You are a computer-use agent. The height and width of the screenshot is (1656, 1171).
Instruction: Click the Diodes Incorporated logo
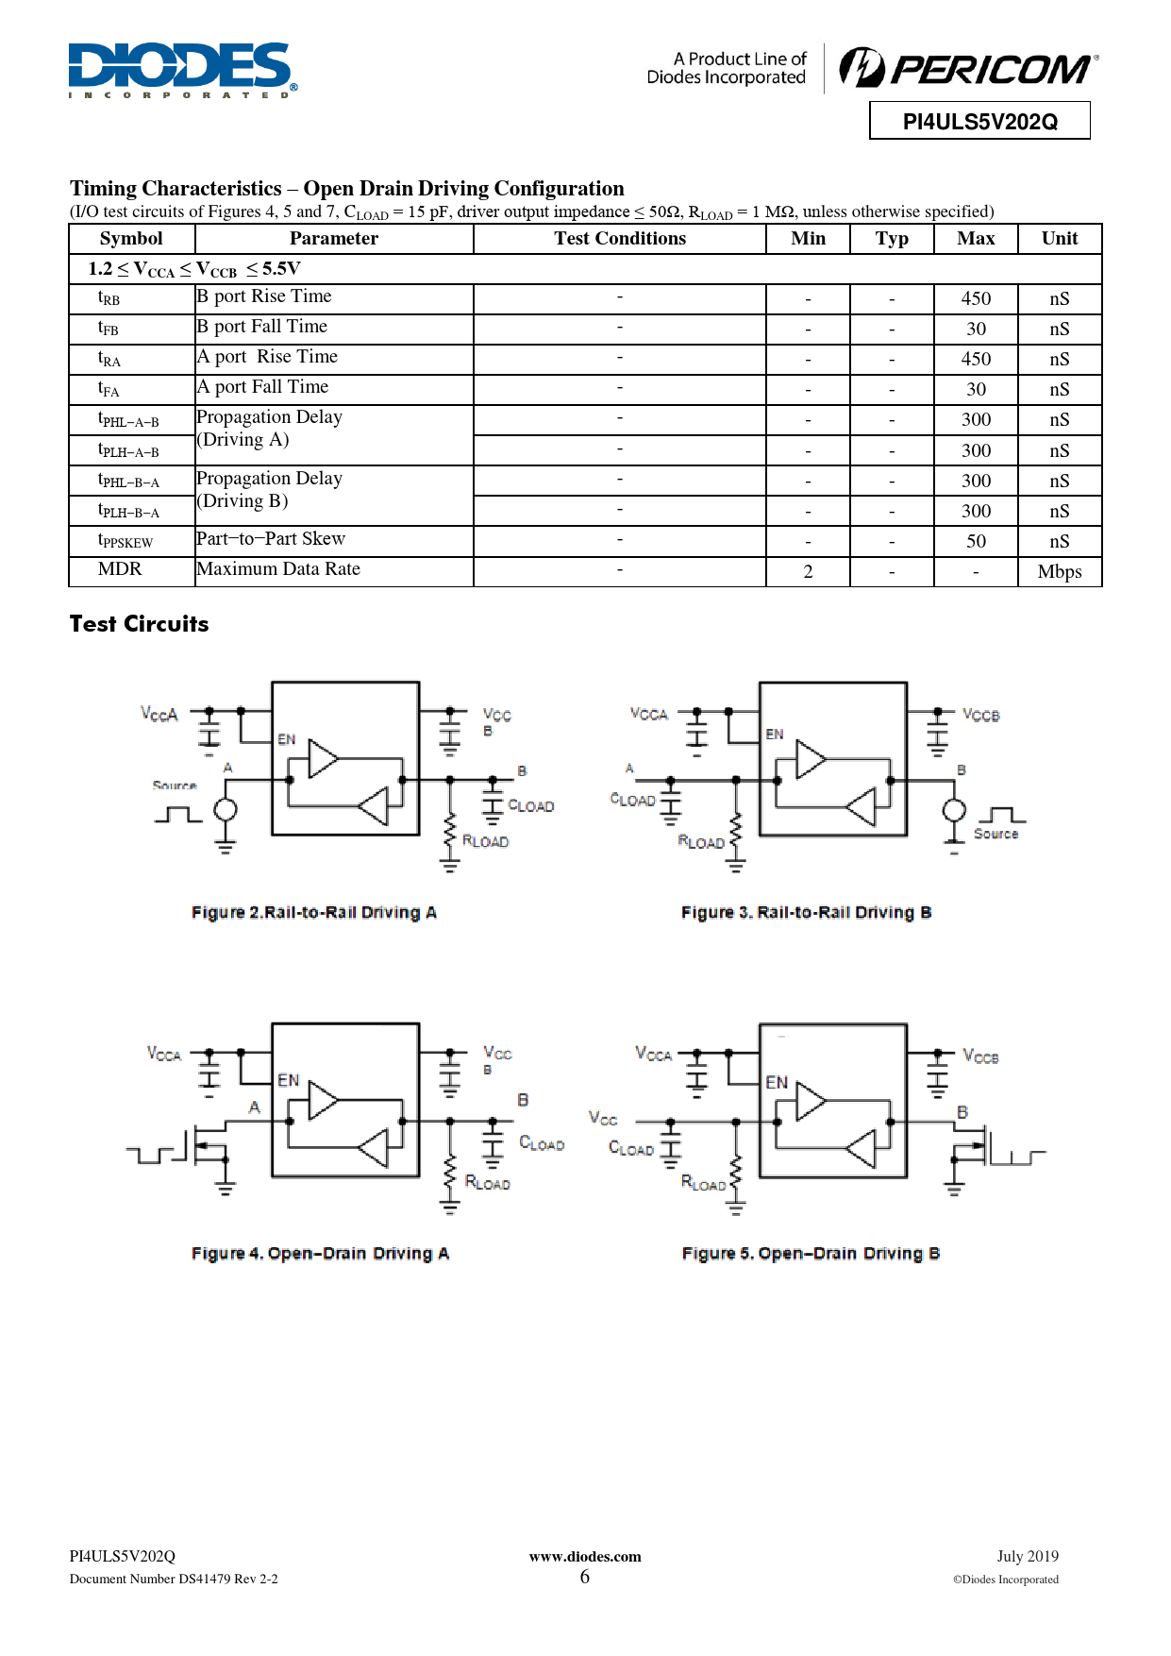[182, 70]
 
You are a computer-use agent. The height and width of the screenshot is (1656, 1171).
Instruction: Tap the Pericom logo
[968, 69]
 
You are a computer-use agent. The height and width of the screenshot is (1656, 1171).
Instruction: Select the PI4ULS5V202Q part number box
[979, 122]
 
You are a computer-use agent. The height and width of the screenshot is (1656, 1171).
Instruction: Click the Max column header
[976, 239]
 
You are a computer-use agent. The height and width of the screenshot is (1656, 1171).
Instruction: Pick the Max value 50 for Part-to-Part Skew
[976, 542]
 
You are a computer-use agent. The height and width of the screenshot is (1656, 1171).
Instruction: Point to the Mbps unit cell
[1060, 572]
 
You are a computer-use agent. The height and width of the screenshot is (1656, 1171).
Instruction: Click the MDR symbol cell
[120, 569]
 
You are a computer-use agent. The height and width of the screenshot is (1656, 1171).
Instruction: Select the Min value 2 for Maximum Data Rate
[808, 572]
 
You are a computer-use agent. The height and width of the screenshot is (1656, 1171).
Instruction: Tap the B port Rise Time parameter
[264, 296]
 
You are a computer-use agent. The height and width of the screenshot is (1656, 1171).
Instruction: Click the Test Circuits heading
[140, 624]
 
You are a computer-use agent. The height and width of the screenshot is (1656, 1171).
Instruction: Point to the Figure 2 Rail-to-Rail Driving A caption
[313, 913]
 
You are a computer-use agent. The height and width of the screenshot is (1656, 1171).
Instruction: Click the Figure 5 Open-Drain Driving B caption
[811, 1254]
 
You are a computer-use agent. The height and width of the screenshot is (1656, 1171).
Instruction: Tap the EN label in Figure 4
[289, 1080]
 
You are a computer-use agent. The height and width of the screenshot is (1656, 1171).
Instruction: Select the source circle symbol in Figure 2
[226, 810]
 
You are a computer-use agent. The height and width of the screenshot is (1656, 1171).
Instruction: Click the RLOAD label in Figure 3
[701, 842]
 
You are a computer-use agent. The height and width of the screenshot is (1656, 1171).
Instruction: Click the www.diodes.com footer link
[585, 1557]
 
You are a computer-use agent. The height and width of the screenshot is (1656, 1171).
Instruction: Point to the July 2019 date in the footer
[1028, 1557]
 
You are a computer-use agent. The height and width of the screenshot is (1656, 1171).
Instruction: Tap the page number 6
[585, 1577]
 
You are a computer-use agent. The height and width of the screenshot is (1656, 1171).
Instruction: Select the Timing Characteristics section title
[346, 189]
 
